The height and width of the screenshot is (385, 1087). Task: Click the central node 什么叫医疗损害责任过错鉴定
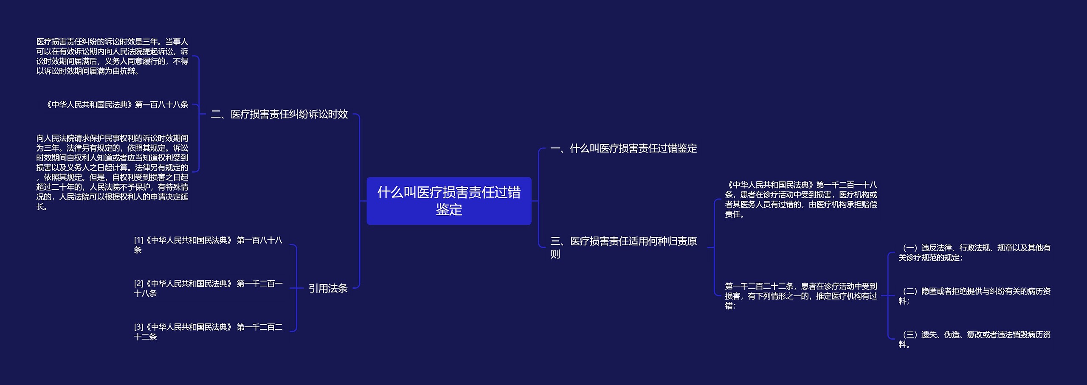(449, 200)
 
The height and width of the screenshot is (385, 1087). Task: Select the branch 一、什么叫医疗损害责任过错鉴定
(623, 149)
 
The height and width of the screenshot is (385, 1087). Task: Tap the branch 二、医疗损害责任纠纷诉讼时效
(279, 114)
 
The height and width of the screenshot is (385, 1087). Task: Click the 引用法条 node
(328, 289)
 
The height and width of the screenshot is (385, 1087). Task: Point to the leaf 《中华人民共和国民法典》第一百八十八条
(117, 104)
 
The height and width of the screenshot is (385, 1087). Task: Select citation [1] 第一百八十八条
(208, 245)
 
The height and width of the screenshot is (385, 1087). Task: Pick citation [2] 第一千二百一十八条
(208, 288)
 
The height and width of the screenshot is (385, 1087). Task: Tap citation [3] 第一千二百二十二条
(208, 332)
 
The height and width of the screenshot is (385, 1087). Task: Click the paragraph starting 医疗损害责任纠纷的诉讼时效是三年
(112, 56)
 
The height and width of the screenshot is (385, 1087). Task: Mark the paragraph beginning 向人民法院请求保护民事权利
(112, 172)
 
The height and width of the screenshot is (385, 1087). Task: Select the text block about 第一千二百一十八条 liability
(801, 200)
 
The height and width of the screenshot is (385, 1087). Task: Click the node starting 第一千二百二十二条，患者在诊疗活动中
(801, 296)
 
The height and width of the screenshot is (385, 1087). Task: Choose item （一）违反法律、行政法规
(974, 253)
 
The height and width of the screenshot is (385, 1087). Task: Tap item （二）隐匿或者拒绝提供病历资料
(974, 296)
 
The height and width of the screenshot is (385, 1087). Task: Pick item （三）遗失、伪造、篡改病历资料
(974, 339)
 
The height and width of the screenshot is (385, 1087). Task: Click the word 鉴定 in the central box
(449, 210)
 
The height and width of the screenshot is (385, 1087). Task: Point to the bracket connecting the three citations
(296, 288)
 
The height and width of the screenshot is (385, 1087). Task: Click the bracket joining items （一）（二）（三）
(888, 296)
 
